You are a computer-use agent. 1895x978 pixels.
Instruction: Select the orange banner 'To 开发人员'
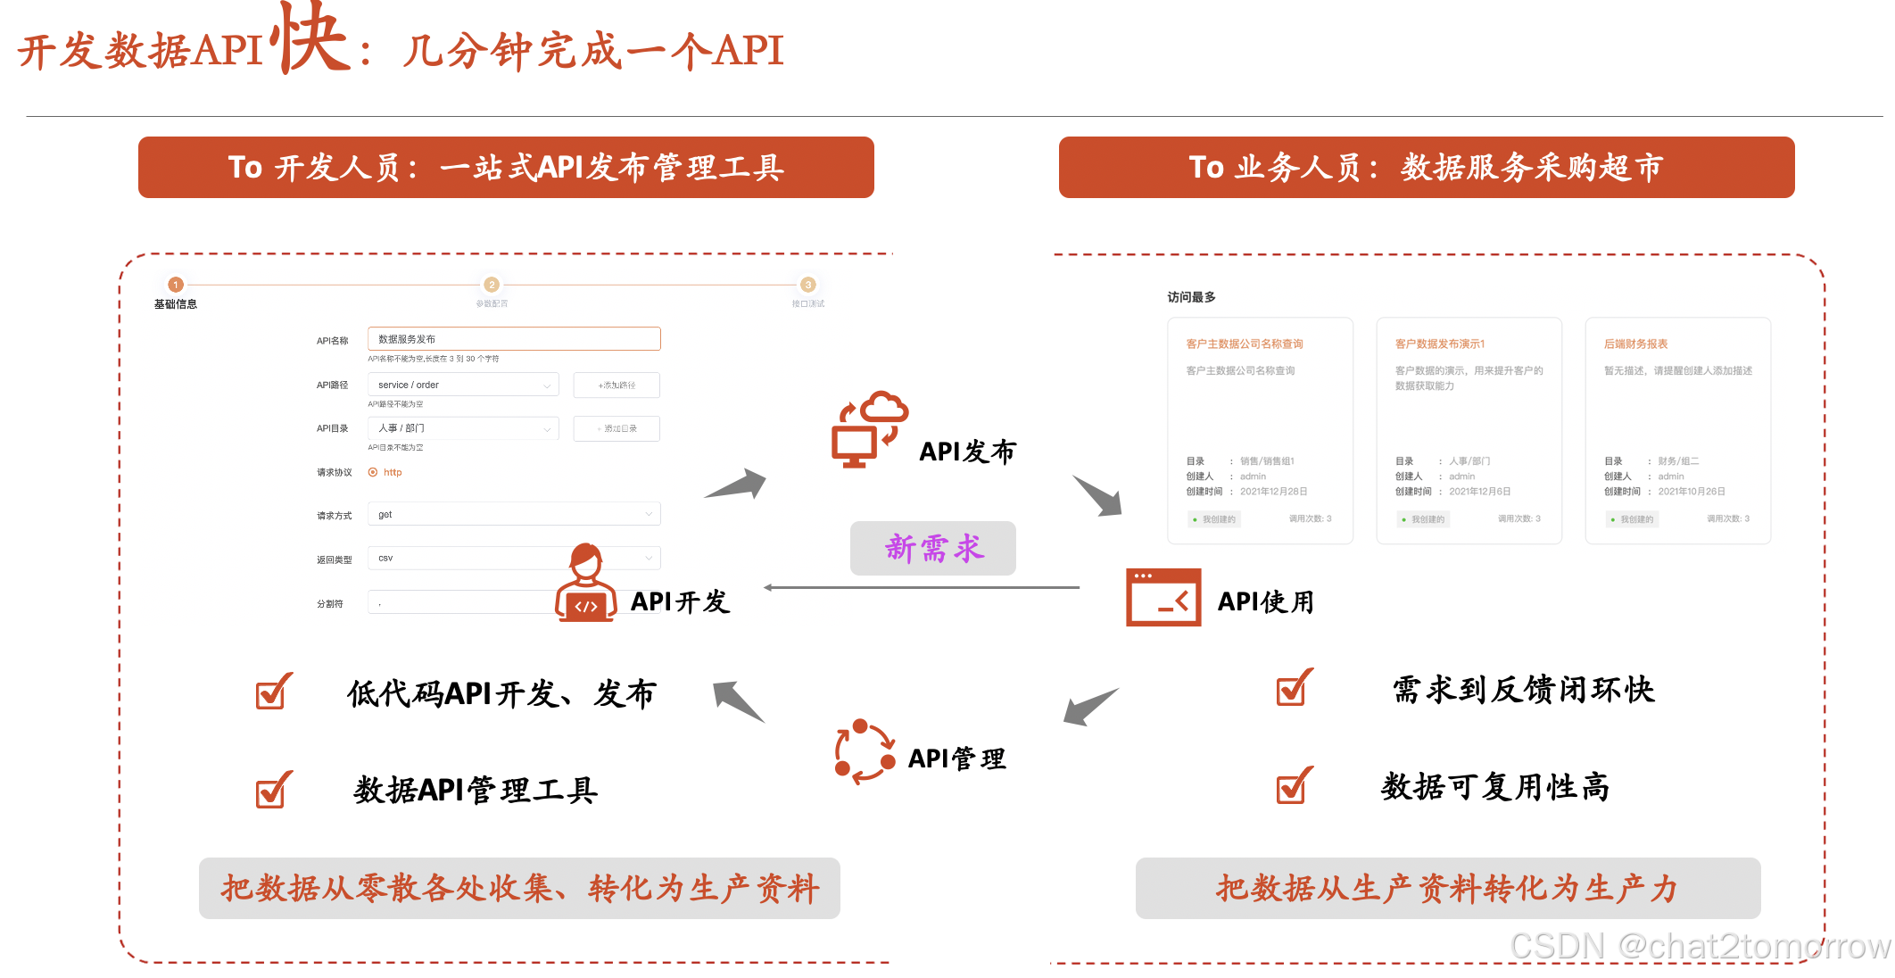tap(506, 167)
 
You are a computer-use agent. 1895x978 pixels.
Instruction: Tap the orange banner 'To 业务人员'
tap(1426, 167)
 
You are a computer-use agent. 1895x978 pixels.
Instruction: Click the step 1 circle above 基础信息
tap(176, 285)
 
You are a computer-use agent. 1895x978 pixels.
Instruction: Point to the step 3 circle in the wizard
tap(807, 285)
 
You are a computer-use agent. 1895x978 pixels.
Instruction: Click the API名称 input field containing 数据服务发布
tap(514, 339)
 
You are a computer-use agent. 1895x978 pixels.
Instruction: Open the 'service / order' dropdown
tap(463, 385)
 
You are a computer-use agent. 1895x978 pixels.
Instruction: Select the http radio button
tap(373, 472)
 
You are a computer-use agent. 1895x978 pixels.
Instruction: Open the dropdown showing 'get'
tap(514, 514)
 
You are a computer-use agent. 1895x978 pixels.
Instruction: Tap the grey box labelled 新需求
tap(932, 548)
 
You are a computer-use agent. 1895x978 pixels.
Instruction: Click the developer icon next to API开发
tap(585, 584)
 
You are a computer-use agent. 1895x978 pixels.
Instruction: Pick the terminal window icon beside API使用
tap(1163, 597)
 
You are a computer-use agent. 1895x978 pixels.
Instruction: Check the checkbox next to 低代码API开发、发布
tap(271, 692)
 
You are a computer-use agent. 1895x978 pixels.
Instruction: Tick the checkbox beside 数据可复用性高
tap(1293, 786)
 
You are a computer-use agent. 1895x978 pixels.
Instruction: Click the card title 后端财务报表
tap(1635, 344)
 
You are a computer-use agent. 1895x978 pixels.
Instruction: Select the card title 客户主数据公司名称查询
tap(1244, 344)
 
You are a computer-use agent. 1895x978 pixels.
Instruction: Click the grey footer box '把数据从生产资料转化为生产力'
tap(1447, 888)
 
